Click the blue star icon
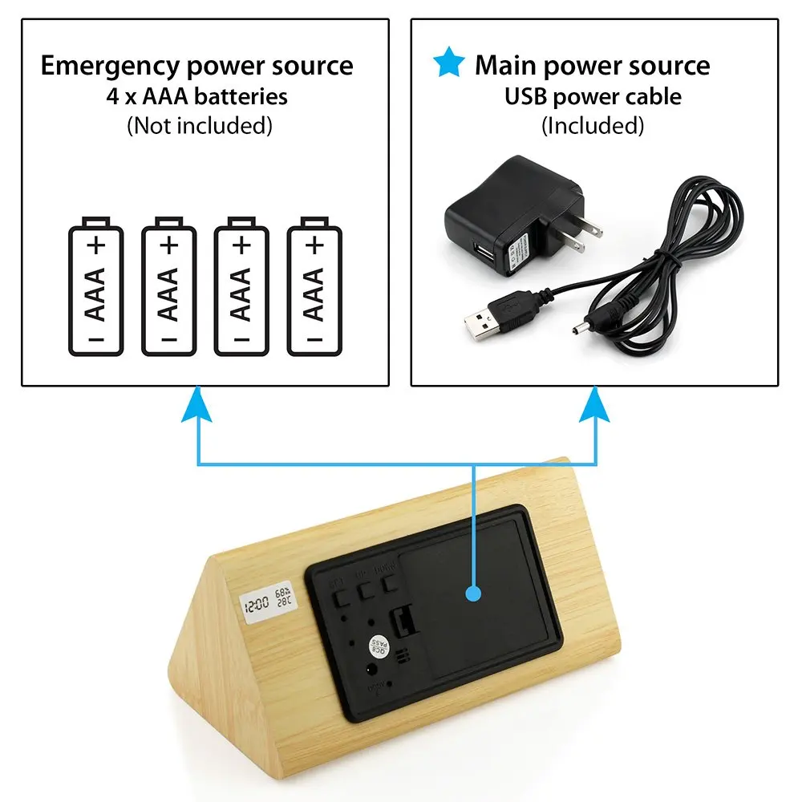click(448, 63)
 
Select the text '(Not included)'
click(199, 125)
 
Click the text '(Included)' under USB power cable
click(593, 125)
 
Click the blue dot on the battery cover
click(474, 594)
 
